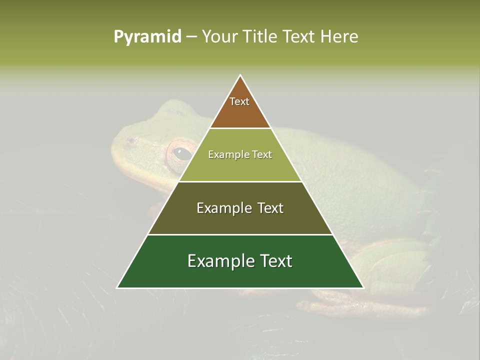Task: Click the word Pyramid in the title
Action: [x=147, y=37]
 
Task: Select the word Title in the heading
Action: [x=260, y=37]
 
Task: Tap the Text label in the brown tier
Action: [x=239, y=101]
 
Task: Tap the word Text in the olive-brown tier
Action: [x=268, y=208]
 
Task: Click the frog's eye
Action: [x=181, y=153]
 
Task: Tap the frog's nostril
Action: [x=131, y=140]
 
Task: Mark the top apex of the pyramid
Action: [x=240, y=76]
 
